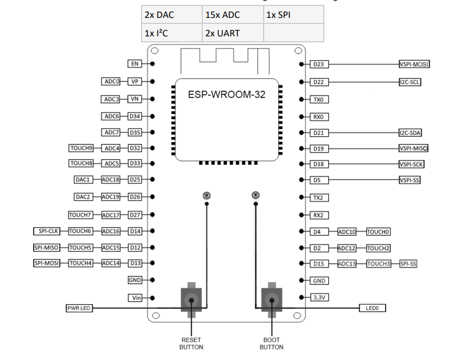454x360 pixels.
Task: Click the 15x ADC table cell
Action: [x=232, y=15]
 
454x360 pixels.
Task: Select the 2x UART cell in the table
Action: [x=232, y=33]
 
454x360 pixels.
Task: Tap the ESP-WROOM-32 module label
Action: [x=227, y=94]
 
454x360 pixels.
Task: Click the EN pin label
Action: [x=135, y=64]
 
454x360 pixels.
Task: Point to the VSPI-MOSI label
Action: [x=414, y=64]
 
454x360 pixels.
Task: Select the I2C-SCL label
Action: [x=410, y=83]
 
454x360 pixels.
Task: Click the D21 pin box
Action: [x=319, y=133]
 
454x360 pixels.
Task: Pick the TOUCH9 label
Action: [x=82, y=148]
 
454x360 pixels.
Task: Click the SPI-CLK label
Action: [x=48, y=231]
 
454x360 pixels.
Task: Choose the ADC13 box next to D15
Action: [x=347, y=264]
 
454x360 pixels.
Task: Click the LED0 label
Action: [x=372, y=308]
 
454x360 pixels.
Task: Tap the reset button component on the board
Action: [x=191, y=301]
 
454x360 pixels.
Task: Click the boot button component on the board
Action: [x=271, y=301]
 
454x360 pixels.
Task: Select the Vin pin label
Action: [x=135, y=298]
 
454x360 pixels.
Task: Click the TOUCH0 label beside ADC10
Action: [x=379, y=232]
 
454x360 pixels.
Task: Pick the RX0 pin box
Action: [x=319, y=117]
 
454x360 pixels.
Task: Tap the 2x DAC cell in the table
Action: [x=171, y=15]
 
